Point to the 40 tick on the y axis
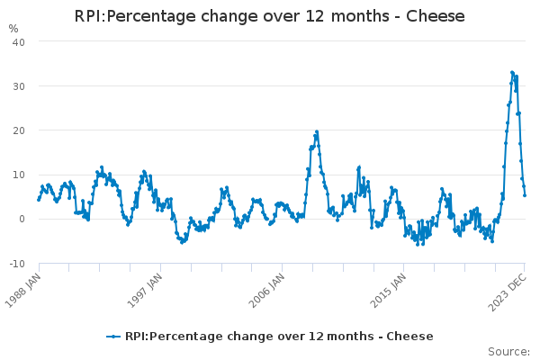coord(18,42)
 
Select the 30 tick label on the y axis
coord(18,86)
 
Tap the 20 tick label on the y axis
coord(18,130)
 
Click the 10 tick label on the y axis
coord(18,175)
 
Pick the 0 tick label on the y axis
coord(22,219)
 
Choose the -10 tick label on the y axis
coord(16,263)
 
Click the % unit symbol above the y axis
coord(13,29)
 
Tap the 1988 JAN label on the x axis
coord(24,289)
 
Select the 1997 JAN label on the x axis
coord(146,289)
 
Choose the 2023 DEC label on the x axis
coord(508,289)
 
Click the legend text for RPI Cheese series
coord(279,337)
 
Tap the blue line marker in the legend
coord(113,337)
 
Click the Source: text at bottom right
coord(508,351)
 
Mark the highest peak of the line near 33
coord(512,72)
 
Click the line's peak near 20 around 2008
coord(316,131)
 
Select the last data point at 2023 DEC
coord(525,194)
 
